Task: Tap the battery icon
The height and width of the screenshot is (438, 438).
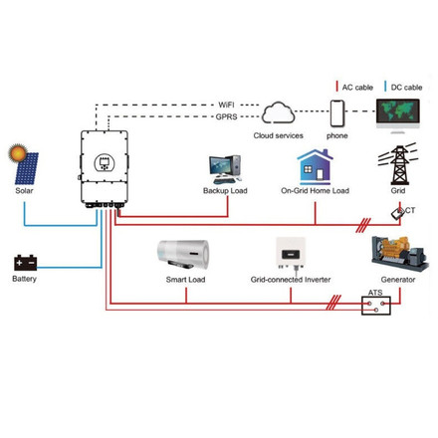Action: pyautogui.click(x=24, y=262)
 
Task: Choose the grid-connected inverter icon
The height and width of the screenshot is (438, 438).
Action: pyautogui.click(x=291, y=254)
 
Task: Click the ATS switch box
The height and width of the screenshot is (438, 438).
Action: pyautogui.click(x=376, y=306)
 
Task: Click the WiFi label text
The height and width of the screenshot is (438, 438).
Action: pyautogui.click(x=227, y=103)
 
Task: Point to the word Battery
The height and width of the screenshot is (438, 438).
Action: pyautogui.click(x=25, y=280)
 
